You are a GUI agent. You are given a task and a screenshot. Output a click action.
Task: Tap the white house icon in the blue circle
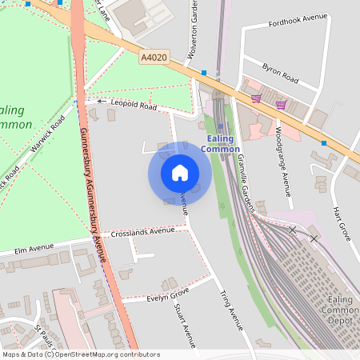(180, 173)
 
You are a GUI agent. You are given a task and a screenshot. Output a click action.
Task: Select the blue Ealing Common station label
(220, 144)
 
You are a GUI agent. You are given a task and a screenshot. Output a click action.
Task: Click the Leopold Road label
(134, 105)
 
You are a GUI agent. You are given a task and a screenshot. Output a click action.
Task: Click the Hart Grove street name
(342, 223)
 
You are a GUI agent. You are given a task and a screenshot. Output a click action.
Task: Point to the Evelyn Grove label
(167, 297)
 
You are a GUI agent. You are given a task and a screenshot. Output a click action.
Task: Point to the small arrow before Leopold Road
(102, 102)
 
